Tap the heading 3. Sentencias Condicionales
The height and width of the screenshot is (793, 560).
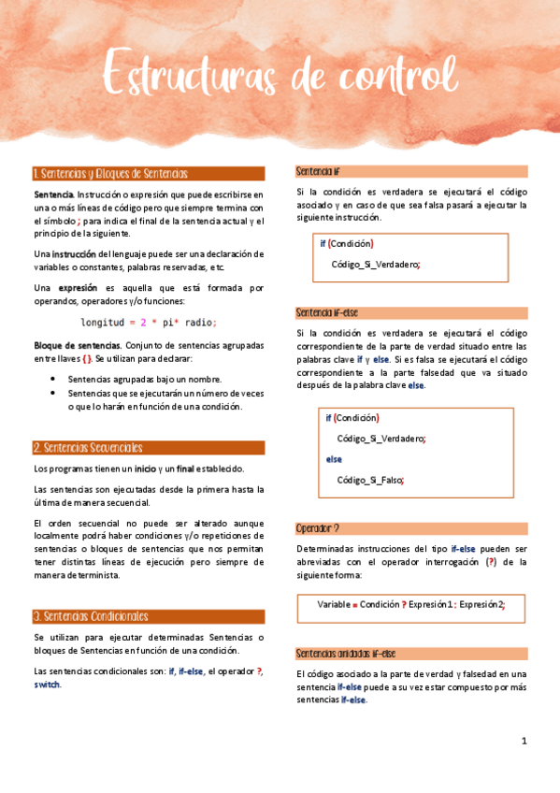(90, 616)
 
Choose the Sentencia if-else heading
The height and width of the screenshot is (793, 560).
(326, 312)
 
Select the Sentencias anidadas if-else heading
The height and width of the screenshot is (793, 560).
(345, 654)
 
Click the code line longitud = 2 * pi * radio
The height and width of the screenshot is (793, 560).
(149, 323)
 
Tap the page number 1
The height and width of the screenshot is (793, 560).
(524, 741)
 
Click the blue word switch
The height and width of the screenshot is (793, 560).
(47, 685)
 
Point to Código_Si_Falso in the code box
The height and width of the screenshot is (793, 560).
(370, 480)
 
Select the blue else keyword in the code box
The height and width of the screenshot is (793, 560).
(334, 459)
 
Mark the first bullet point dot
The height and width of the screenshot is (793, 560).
(56, 380)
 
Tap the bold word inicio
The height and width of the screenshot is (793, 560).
(144, 469)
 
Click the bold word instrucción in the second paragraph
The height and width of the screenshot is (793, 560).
(74, 254)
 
